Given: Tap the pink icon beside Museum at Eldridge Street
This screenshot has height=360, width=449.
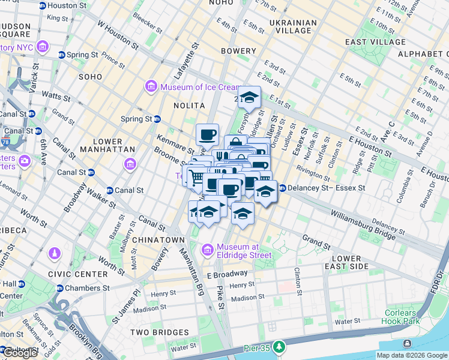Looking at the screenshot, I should [208, 249].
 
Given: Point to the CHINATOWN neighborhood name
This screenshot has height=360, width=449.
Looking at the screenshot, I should [158, 240].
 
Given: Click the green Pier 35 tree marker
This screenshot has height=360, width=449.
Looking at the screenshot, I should [279, 347].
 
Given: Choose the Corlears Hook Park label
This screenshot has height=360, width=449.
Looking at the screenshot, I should [400, 317].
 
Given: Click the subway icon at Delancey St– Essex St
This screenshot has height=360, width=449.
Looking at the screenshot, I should [281, 188].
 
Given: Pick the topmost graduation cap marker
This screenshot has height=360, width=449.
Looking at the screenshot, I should [249, 97].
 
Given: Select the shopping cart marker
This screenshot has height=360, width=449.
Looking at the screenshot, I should [194, 176].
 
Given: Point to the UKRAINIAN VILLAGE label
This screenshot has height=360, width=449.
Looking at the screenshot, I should [292, 27].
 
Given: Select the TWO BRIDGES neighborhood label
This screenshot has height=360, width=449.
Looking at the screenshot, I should [157, 331].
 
